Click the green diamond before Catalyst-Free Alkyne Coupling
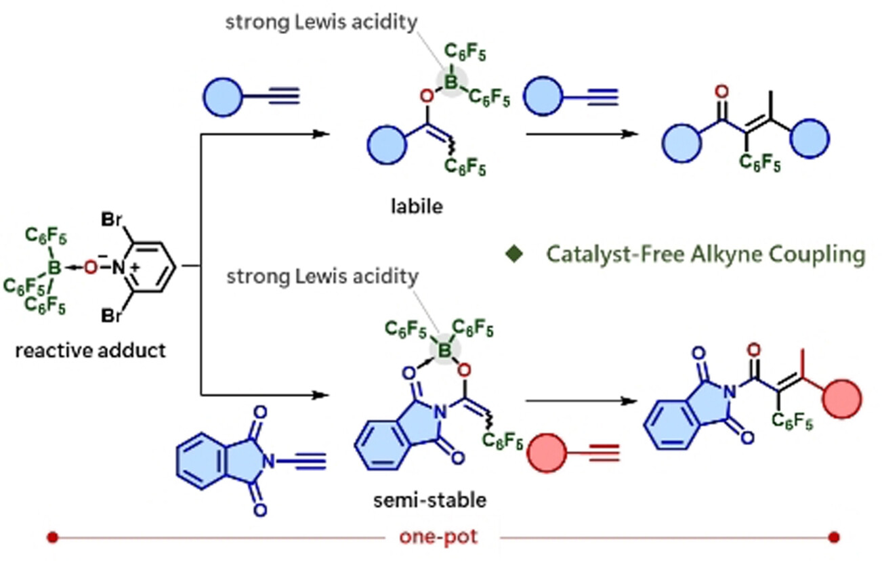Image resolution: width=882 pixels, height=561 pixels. pyautogui.click(x=514, y=254)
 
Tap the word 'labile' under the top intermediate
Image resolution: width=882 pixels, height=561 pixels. pyautogui.click(x=417, y=206)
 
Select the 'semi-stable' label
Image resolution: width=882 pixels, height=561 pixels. pyautogui.click(x=430, y=501)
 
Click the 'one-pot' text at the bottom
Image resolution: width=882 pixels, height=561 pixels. pyautogui.click(x=438, y=537)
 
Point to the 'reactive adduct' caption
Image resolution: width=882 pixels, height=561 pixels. pyautogui.click(x=91, y=350)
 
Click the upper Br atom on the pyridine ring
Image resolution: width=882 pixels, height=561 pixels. pyautogui.click(x=112, y=220)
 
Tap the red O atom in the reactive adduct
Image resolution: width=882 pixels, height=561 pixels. pyautogui.click(x=91, y=268)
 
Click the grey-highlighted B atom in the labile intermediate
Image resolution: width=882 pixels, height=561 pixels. pyautogui.click(x=451, y=82)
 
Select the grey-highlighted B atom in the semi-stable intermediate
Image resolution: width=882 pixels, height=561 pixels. pyautogui.click(x=444, y=350)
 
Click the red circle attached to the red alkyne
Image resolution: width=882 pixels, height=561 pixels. pyautogui.click(x=547, y=453)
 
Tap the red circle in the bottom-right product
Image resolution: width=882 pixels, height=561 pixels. pyautogui.click(x=842, y=399)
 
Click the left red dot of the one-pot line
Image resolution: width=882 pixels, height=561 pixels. pyautogui.click(x=52, y=537)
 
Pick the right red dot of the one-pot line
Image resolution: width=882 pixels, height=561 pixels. pyautogui.click(x=834, y=537)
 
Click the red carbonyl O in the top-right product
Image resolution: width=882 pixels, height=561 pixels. pyautogui.click(x=721, y=91)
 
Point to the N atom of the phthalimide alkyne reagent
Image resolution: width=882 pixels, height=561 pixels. pyautogui.click(x=269, y=461)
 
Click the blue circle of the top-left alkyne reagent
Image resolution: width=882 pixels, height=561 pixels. pyautogui.click(x=223, y=97)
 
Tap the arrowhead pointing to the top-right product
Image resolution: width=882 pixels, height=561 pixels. pyautogui.click(x=630, y=134)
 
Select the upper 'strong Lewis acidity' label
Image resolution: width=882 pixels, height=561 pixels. pyautogui.click(x=321, y=22)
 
